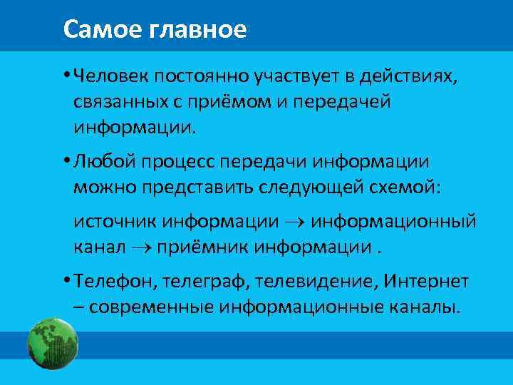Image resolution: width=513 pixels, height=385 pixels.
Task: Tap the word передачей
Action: point(351,103)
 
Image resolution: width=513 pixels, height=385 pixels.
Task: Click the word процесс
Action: point(179,162)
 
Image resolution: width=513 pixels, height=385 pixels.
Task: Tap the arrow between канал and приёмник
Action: point(140,248)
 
